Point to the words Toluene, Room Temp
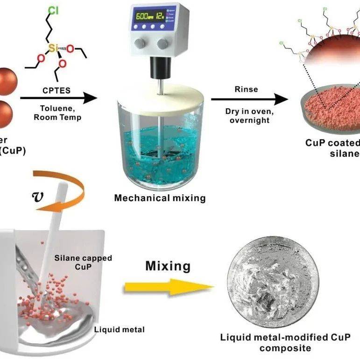click(57, 113)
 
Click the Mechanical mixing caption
click(160, 198)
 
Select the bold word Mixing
click(168, 267)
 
